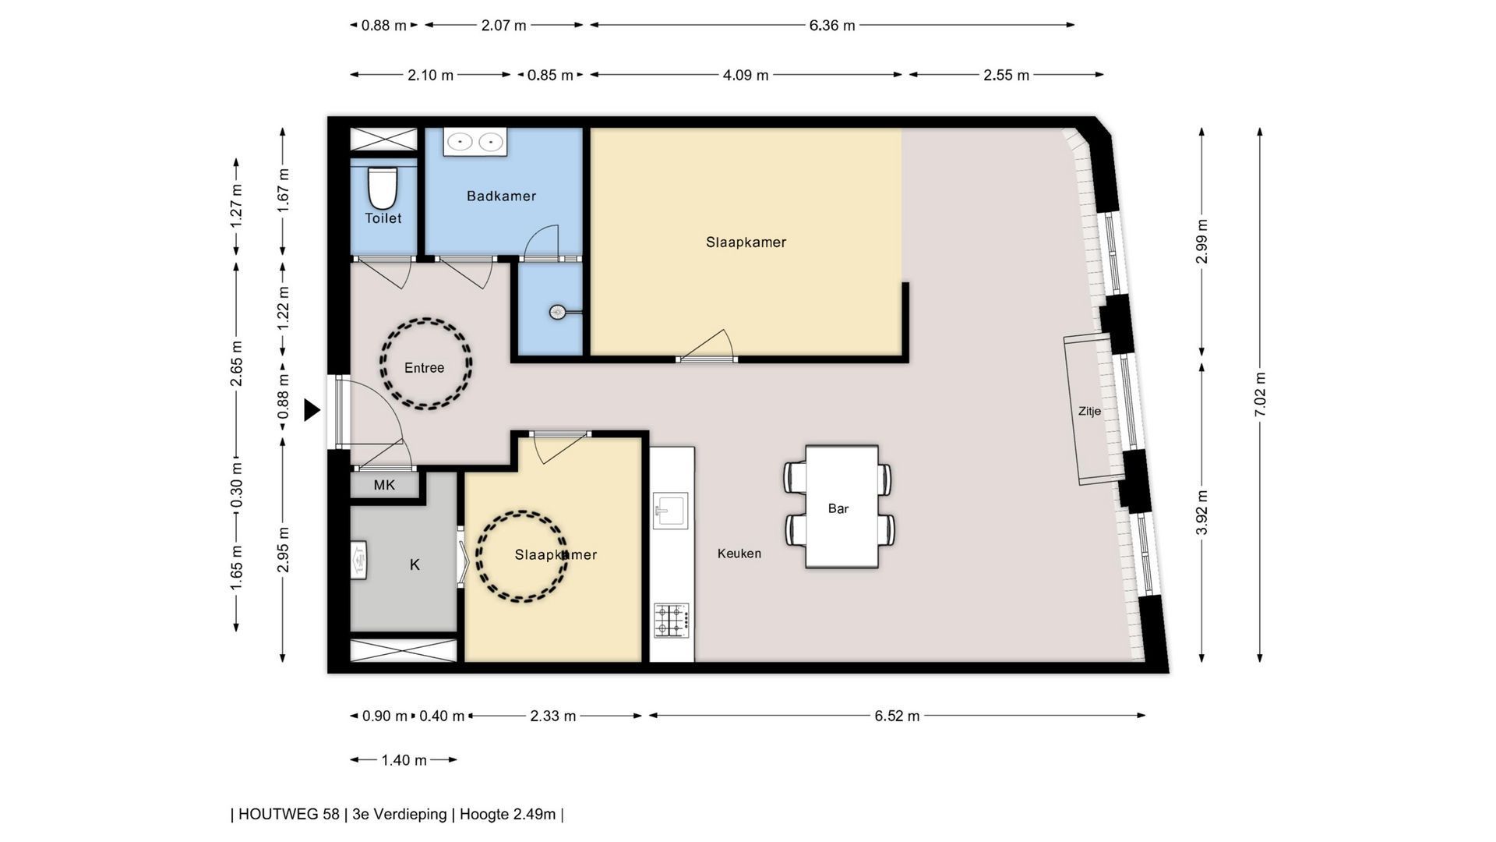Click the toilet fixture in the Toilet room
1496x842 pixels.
tap(382, 187)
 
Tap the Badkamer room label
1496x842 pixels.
tap(501, 196)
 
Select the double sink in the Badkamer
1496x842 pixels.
tap(475, 142)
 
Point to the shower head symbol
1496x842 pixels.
tap(558, 312)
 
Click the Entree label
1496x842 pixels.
tap(424, 368)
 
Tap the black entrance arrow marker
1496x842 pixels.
tap(312, 409)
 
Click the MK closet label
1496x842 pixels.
tap(384, 485)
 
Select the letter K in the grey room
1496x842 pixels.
tap(415, 564)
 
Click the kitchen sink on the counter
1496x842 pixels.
tap(670, 511)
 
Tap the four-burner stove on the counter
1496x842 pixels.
tap(671, 620)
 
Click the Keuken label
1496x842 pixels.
tap(739, 554)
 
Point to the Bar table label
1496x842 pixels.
tap(838, 508)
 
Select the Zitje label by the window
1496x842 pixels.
tap(1089, 411)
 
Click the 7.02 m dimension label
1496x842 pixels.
tap(1260, 394)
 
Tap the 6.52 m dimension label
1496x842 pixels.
tap(897, 716)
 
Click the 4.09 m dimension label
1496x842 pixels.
tap(746, 75)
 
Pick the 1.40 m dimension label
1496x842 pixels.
tap(404, 759)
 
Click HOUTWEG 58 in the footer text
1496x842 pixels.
tap(288, 814)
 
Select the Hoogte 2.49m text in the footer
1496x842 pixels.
tap(507, 814)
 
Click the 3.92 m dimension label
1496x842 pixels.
tap(1201, 512)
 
